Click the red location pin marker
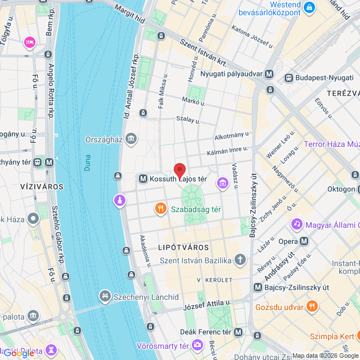pyautogui.click(x=179, y=170)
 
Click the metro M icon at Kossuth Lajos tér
pyautogui.click(x=143, y=179)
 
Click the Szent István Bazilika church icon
pyautogui.click(x=240, y=260)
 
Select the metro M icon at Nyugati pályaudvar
pyautogui.click(x=270, y=74)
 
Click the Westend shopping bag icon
pyautogui.click(x=309, y=7)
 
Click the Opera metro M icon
pyautogui.click(x=304, y=241)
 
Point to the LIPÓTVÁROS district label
pyautogui.click(x=183, y=247)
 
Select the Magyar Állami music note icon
pyautogui.click(x=296, y=224)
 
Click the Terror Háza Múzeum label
pyautogui.click(x=331, y=144)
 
